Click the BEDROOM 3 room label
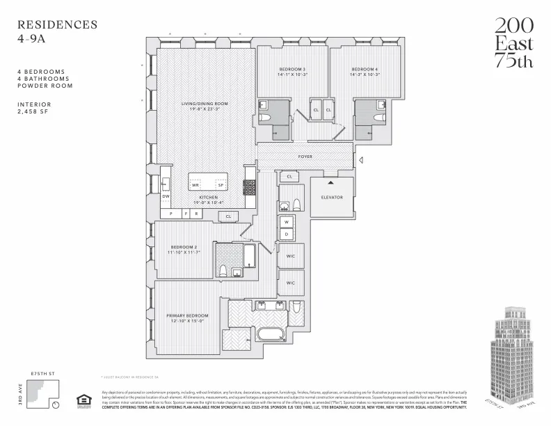(x=293, y=69)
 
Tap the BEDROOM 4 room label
(x=365, y=69)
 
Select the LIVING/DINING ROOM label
(x=205, y=104)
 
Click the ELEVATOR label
(x=332, y=197)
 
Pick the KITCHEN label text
(x=209, y=198)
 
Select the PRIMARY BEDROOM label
(x=188, y=315)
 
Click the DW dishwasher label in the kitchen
(x=166, y=196)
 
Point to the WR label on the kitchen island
(x=196, y=185)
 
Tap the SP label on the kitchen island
(x=221, y=185)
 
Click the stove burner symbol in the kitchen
(x=249, y=187)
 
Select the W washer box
(x=285, y=222)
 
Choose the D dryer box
(x=285, y=235)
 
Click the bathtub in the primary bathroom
(x=272, y=333)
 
